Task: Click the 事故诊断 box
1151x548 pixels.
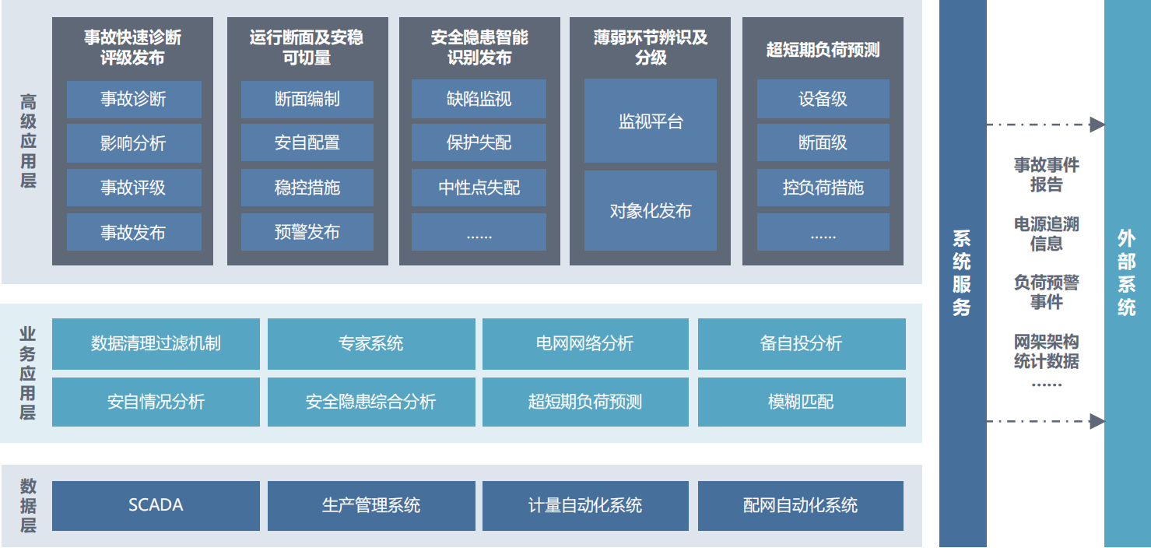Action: (x=134, y=99)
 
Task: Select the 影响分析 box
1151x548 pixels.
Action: (x=134, y=143)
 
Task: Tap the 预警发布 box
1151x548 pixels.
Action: (x=307, y=232)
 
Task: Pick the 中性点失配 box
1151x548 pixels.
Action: (x=479, y=188)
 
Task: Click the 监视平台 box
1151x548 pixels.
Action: (x=651, y=121)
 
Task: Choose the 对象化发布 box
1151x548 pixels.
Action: (x=651, y=211)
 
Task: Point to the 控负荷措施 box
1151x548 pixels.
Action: (x=823, y=188)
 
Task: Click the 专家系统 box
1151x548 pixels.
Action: (x=371, y=343)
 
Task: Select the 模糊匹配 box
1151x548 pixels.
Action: (x=802, y=402)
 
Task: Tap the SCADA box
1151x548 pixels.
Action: (x=156, y=505)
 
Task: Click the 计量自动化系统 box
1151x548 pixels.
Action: (x=585, y=505)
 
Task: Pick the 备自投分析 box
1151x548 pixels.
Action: (x=802, y=343)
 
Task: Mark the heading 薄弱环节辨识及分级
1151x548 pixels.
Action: (x=651, y=47)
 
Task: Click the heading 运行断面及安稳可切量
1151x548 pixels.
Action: (x=307, y=47)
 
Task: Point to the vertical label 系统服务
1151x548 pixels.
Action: (x=962, y=273)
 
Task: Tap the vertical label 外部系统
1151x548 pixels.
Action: (x=1126, y=273)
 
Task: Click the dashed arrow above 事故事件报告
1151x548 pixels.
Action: (x=1046, y=125)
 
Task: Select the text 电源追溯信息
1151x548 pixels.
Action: (x=1046, y=234)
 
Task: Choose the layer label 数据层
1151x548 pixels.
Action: (x=28, y=505)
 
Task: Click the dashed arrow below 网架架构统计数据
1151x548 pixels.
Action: (x=1046, y=422)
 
